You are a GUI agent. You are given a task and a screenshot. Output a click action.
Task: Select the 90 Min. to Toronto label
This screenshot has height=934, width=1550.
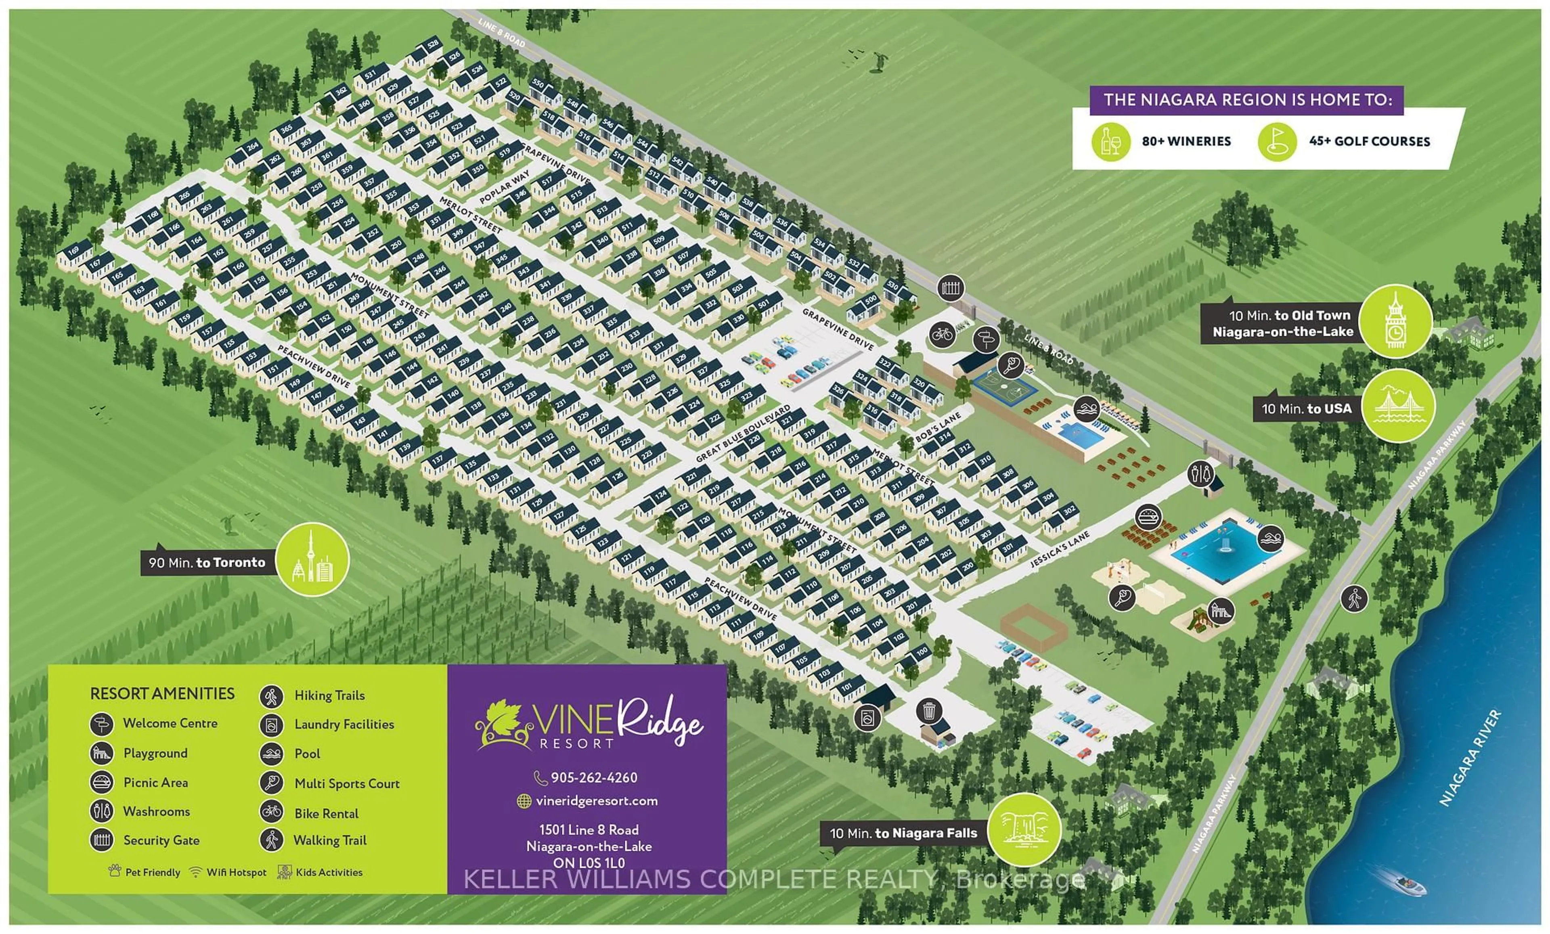[x=207, y=562]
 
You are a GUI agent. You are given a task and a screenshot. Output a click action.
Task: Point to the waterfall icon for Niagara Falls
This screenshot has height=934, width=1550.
[x=1024, y=830]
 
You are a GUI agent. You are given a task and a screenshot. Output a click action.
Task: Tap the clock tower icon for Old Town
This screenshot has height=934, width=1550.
[x=1395, y=321]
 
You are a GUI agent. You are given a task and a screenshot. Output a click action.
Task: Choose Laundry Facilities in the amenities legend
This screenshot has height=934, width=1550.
[x=344, y=725]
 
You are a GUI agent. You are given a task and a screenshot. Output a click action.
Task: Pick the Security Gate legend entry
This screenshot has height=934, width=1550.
[x=161, y=840]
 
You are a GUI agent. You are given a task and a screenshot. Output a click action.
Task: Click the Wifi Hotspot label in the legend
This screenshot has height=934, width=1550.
[x=236, y=872]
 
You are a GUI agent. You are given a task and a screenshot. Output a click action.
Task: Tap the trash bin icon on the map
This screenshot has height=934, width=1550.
[x=928, y=711]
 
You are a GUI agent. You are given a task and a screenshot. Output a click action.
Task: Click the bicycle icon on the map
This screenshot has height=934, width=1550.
[x=942, y=335]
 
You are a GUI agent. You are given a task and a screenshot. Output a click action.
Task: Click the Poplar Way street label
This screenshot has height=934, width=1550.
[x=505, y=187]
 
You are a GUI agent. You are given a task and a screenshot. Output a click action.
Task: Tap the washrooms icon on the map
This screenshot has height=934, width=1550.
[x=1201, y=473]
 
